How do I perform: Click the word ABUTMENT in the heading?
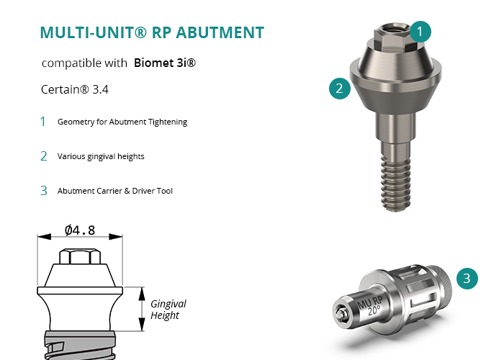click(220, 32)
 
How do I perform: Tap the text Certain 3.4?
click(75, 89)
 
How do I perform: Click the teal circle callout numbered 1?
click(420, 32)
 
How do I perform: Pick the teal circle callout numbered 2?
click(340, 89)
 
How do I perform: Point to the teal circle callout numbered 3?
click(467, 279)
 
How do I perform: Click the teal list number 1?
click(43, 122)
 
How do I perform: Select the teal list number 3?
click(44, 191)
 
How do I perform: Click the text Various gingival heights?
click(101, 156)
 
